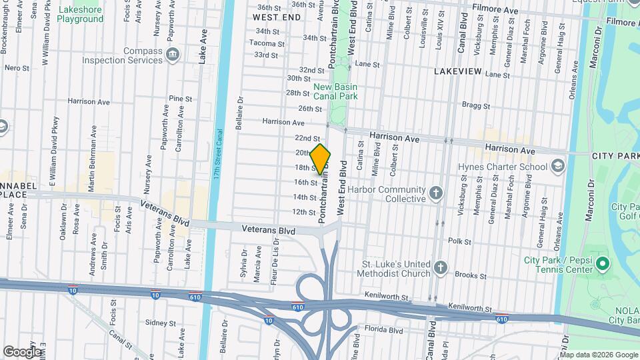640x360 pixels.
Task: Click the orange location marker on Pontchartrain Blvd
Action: coord(321,159)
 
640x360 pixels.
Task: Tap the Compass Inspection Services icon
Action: coord(173,53)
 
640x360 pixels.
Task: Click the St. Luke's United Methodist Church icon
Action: coord(439,268)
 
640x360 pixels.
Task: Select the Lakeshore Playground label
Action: coord(80,15)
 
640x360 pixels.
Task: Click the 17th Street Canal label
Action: coord(217,154)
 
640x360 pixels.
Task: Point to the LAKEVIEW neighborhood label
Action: coord(461,71)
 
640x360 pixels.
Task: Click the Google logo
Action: coord(21,351)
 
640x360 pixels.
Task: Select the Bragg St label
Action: coord(477,106)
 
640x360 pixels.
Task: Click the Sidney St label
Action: coord(160,323)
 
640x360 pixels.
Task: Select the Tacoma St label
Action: coord(263,43)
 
